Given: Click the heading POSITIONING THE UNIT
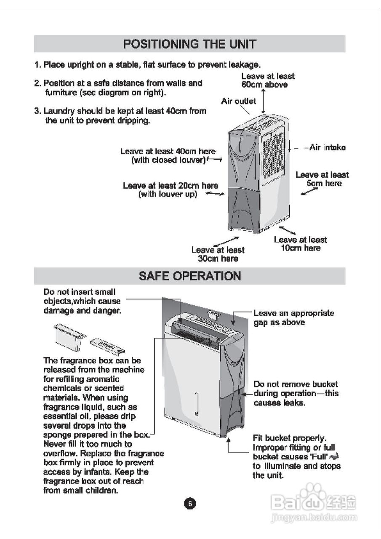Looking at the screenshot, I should tap(189, 44).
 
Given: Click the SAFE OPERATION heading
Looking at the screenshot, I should tap(189, 276).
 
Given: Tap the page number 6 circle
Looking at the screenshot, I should tap(190, 504).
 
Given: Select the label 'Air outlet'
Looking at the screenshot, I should tap(238, 101).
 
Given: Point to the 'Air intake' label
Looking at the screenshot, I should tap(327, 147).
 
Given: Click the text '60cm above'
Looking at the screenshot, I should tap(264, 85).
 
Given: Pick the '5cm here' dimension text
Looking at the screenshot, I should tap(324, 183).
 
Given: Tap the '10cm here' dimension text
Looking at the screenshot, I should tap(300, 248).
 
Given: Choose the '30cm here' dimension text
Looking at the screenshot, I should tap(218, 259).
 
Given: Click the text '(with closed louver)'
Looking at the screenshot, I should tap(168, 160).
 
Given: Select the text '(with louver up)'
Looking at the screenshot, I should tap(168, 194).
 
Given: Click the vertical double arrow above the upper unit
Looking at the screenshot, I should tap(264, 101).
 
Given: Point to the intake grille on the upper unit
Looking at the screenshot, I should tap(274, 156).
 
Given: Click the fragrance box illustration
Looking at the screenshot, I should tap(69, 336).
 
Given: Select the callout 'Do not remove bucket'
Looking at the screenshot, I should tap(295, 384).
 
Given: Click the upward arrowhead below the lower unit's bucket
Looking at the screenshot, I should tap(229, 440).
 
